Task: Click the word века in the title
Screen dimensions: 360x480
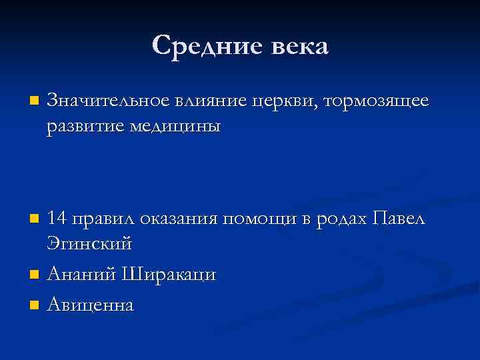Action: [x=298, y=47]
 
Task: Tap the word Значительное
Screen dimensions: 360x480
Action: [x=107, y=101]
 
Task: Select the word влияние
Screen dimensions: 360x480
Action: [x=211, y=101]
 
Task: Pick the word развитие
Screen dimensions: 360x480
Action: [x=86, y=127]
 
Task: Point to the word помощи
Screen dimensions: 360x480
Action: [x=259, y=218]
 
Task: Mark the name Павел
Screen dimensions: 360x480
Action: [x=399, y=217]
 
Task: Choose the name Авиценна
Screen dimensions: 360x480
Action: [x=90, y=305]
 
